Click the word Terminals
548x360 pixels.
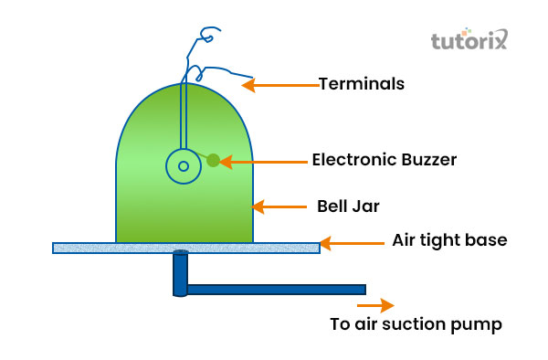pos(361,84)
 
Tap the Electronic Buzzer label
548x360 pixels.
pos(384,159)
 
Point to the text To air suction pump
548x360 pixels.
pos(416,324)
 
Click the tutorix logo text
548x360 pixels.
pos(466,41)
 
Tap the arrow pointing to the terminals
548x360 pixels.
pos(279,85)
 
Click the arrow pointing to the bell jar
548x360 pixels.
pos(278,207)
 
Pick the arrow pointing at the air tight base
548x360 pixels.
pos(353,243)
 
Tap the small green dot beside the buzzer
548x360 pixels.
pos(213,160)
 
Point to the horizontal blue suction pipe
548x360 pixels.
pos(274,290)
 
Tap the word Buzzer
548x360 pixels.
pos(427,159)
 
